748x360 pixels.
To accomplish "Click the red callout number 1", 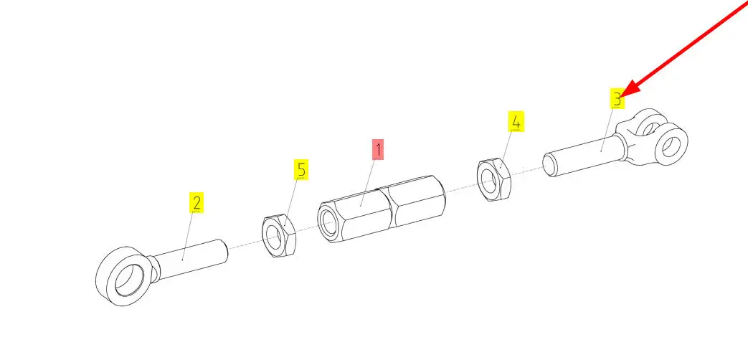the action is pos(378,150).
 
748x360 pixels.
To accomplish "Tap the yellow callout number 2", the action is pos(196,202).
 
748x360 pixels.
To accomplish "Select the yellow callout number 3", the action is pos(617,99).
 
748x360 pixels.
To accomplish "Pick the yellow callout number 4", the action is pos(516,122).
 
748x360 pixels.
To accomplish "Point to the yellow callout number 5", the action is pos(300,170).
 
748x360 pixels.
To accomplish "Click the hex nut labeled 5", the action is pos(280,236).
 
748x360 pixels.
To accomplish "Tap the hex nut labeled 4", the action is pos(494,179).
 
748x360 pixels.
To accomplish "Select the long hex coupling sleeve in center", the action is pos(382,209).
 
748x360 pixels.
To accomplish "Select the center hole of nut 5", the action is pos(274,238).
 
